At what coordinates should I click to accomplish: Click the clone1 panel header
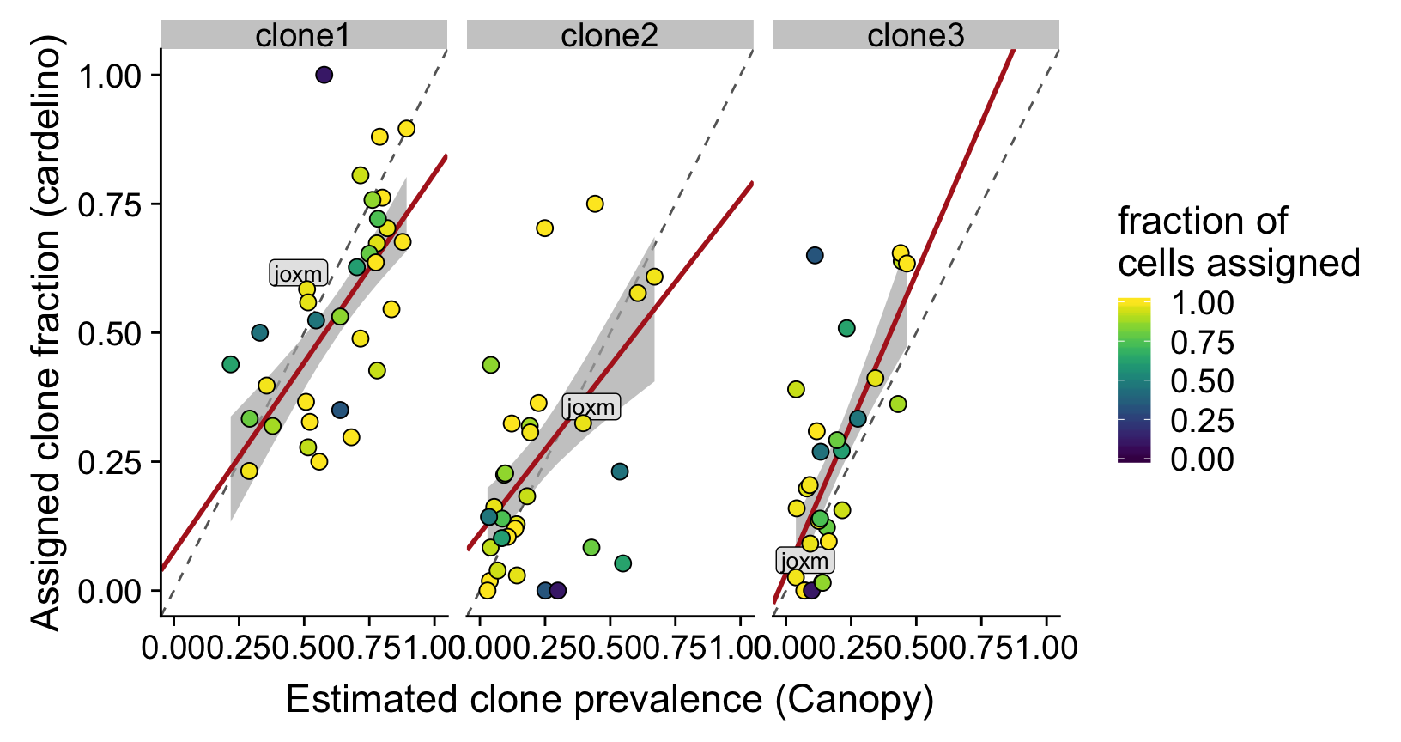303,35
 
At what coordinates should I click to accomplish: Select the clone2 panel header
610,35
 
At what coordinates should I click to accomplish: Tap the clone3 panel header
915,35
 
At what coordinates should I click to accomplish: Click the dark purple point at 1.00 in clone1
324,75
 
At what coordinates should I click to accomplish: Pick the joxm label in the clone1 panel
298,274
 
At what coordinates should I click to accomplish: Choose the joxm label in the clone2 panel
591,407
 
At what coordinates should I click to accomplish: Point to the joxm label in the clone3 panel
804,561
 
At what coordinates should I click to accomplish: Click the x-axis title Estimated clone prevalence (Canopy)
610,699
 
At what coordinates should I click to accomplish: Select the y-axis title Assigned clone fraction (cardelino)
47,333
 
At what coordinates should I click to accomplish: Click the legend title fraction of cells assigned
1238,242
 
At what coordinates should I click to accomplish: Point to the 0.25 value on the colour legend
1202,420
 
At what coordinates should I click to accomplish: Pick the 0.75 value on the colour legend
1202,343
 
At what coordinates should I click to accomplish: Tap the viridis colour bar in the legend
1134,380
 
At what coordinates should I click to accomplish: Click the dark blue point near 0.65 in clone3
815,255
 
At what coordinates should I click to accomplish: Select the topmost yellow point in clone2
595,204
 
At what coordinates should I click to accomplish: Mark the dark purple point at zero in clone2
558,590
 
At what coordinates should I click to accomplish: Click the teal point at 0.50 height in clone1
260,332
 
